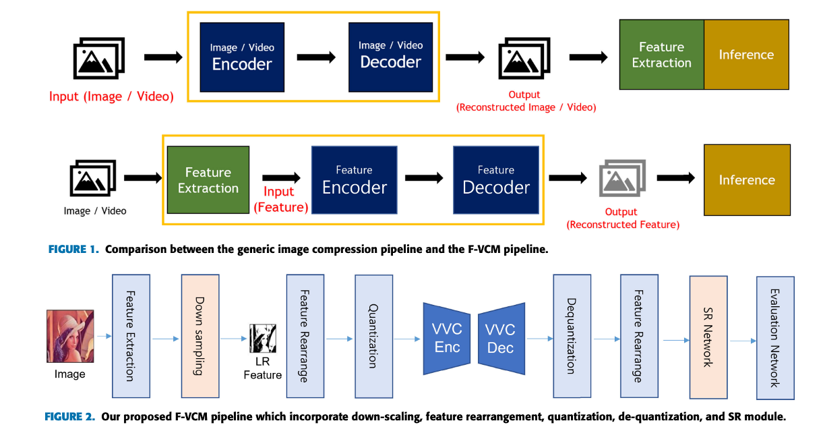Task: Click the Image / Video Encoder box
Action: click(242, 57)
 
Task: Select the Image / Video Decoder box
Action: click(390, 57)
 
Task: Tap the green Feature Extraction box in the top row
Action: click(661, 55)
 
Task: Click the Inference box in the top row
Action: click(746, 55)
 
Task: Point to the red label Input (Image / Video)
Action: click(111, 96)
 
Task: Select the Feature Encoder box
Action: click(355, 180)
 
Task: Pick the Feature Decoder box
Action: click(496, 180)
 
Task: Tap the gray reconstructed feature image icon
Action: click(621, 179)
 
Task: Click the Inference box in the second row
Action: click(746, 180)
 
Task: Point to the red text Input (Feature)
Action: click(280, 200)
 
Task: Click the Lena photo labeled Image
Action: click(70, 336)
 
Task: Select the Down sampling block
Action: click(200, 335)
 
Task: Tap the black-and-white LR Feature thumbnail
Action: click(262, 339)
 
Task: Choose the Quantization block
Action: click(373, 335)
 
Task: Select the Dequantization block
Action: click(572, 335)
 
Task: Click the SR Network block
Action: click(708, 335)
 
